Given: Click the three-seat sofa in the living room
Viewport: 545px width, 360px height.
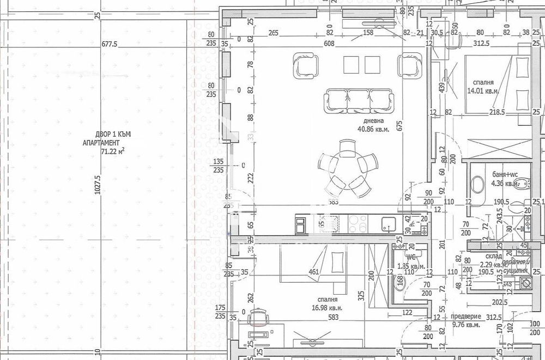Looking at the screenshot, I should tap(358, 101).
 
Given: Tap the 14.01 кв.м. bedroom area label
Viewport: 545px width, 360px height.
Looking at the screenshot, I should tap(483, 91).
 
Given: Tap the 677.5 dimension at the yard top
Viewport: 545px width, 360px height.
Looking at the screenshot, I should tap(109, 45).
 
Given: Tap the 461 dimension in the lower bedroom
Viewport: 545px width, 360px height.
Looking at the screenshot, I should tap(313, 273).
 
